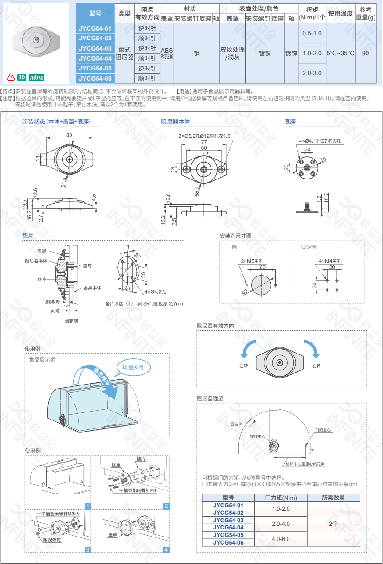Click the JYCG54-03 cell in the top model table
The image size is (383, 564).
point(95,48)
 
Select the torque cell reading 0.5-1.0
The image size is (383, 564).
point(312,33)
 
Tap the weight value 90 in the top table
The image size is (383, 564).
point(365,53)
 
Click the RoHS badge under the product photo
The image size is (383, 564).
point(36,78)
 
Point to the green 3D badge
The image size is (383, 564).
point(21,78)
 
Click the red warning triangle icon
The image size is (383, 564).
point(11,77)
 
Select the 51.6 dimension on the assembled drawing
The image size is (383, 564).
point(64,182)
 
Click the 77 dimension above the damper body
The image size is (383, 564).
point(204,142)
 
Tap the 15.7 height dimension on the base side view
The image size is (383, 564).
point(327,198)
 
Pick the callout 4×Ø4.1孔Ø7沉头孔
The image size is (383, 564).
point(320,141)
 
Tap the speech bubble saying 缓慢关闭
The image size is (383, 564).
point(134,367)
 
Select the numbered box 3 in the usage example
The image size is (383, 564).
point(88,550)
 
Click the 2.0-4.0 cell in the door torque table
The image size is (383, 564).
point(281,524)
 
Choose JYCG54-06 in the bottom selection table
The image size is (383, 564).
point(228,542)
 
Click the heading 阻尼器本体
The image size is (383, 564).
point(176,121)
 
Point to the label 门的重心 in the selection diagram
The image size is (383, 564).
point(323,430)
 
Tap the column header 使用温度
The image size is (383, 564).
point(340,13)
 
